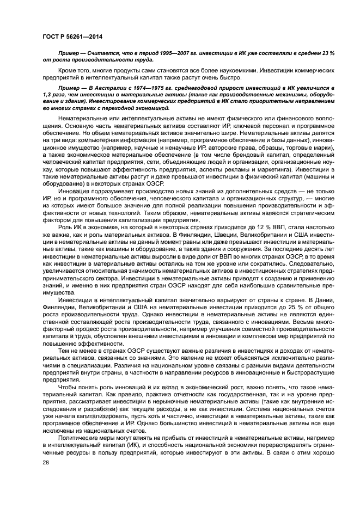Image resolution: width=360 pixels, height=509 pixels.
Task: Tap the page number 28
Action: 46,462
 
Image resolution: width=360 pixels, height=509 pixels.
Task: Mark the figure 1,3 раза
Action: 51,94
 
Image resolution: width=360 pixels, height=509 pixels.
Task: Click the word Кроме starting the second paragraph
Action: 66,71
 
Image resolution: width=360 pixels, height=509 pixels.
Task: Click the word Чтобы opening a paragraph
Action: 68,387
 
